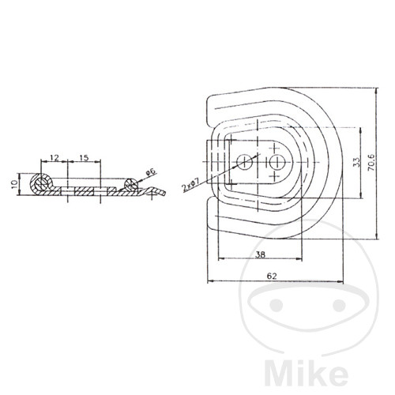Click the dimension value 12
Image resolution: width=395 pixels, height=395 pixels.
point(55,158)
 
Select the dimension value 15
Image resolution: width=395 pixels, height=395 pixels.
point(84,158)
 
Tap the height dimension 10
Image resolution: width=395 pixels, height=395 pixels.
point(14,184)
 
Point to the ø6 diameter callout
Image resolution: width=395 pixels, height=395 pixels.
point(151,172)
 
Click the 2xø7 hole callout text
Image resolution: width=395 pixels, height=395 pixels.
point(191,185)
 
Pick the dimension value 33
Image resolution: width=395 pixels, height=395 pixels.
point(355,163)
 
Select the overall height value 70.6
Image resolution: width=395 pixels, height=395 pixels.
point(371,163)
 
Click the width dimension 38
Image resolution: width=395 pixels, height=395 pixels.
point(261,254)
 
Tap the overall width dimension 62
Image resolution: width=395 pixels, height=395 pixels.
point(272,276)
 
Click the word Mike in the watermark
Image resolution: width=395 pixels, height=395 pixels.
point(306,374)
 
